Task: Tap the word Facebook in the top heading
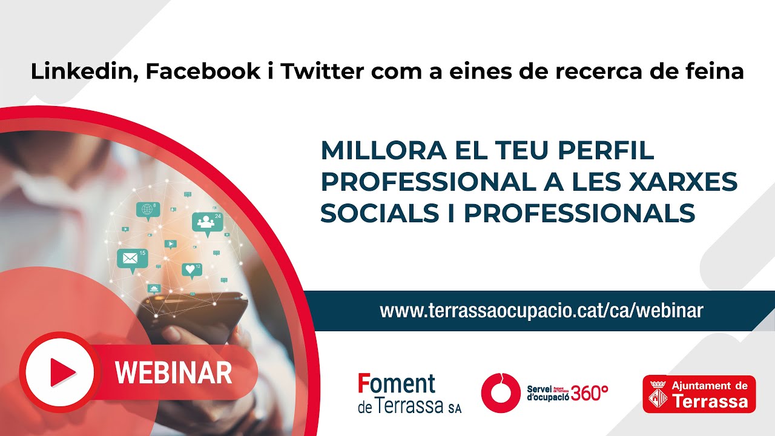pyautogui.click(x=203, y=71)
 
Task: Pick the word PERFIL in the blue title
pyautogui.click(x=606, y=151)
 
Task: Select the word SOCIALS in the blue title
pyautogui.click(x=380, y=213)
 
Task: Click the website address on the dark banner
pyautogui.click(x=541, y=311)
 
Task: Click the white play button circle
pyautogui.click(x=61, y=372)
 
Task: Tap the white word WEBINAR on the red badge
pyautogui.click(x=173, y=372)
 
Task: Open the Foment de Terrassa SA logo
pyautogui.click(x=409, y=394)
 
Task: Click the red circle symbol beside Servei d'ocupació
pyautogui.click(x=500, y=393)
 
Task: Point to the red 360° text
pyautogui.click(x=590, y=393)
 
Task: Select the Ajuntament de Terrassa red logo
pyautogui.click(x=699, y=394)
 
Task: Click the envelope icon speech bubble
pyautogui.click(x=133, y=260)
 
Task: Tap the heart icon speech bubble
pyautogui.click(x=192, y=271)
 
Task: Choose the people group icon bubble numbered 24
pyautogui.click(x=207, y=223)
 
